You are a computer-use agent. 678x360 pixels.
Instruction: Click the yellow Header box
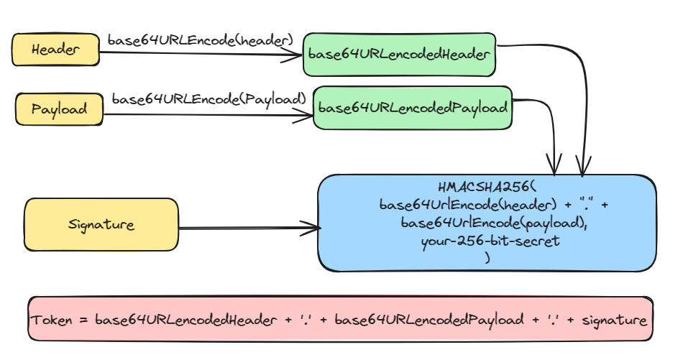coord(55,50)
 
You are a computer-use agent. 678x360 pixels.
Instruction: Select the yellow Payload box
coord(59,109)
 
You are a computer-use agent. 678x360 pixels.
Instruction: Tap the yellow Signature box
coord(101,224)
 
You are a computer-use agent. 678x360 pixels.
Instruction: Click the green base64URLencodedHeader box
coord(399,55)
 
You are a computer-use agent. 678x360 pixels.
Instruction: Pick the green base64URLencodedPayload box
coord(412,108)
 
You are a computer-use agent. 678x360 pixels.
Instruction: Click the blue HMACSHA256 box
coord(487,223)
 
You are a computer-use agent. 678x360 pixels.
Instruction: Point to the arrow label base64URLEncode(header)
coord(201,40)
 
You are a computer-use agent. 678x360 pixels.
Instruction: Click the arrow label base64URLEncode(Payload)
coord(209,98)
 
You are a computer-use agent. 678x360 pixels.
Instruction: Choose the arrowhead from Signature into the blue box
coord(313,229)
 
